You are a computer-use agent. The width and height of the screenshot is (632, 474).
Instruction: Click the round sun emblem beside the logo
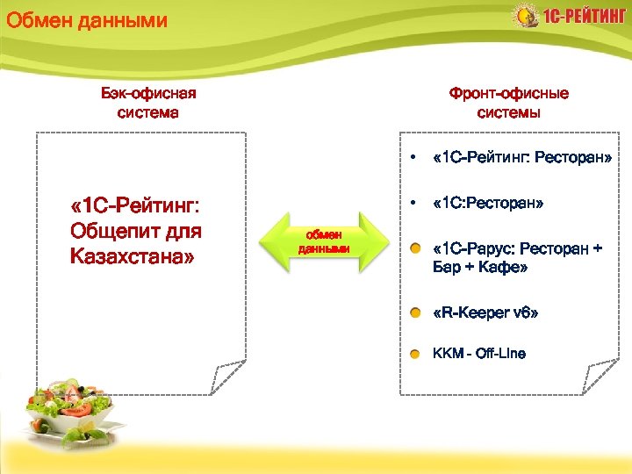pyautogui.click(x=524, y=16)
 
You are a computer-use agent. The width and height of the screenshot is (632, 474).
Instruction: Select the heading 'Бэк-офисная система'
pyautogui.click(x=148, y=103)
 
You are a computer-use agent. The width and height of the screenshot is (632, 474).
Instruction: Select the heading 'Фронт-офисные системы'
pyautogui.click(x=508, y=103)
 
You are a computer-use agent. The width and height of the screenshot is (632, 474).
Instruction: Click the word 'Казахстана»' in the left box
pyautogui.click(x=131, y=258)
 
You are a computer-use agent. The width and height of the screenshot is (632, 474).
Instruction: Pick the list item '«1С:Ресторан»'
pyautogui.click(x=488, y=203)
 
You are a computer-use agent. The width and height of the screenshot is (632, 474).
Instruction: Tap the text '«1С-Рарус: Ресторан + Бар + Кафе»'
pyautogui.click(x=518, y=257)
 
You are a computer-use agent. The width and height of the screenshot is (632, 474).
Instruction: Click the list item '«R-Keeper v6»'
pyautogui.click(x=485, y=312)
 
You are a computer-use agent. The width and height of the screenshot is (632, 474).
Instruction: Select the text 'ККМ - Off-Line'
pyautogui.click(x=479, y=354)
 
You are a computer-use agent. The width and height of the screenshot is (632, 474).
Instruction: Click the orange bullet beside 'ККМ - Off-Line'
pyautogui.click(x=414, y=354)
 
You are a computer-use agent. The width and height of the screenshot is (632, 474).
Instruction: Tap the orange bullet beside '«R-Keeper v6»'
pyautogui.click(x=414, y=312)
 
